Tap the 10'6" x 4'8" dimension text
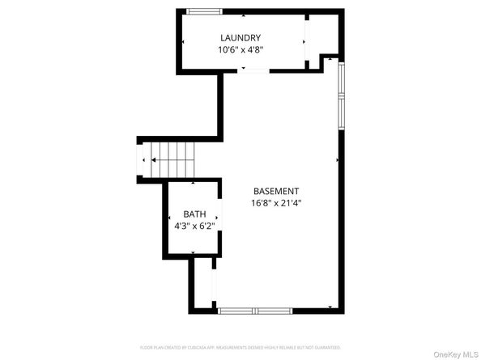240,50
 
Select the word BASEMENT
276,191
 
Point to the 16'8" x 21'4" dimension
276,204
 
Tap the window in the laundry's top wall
203,11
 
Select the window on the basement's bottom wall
255,311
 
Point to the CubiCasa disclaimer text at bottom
240,347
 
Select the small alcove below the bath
202,283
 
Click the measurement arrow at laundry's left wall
183,42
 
